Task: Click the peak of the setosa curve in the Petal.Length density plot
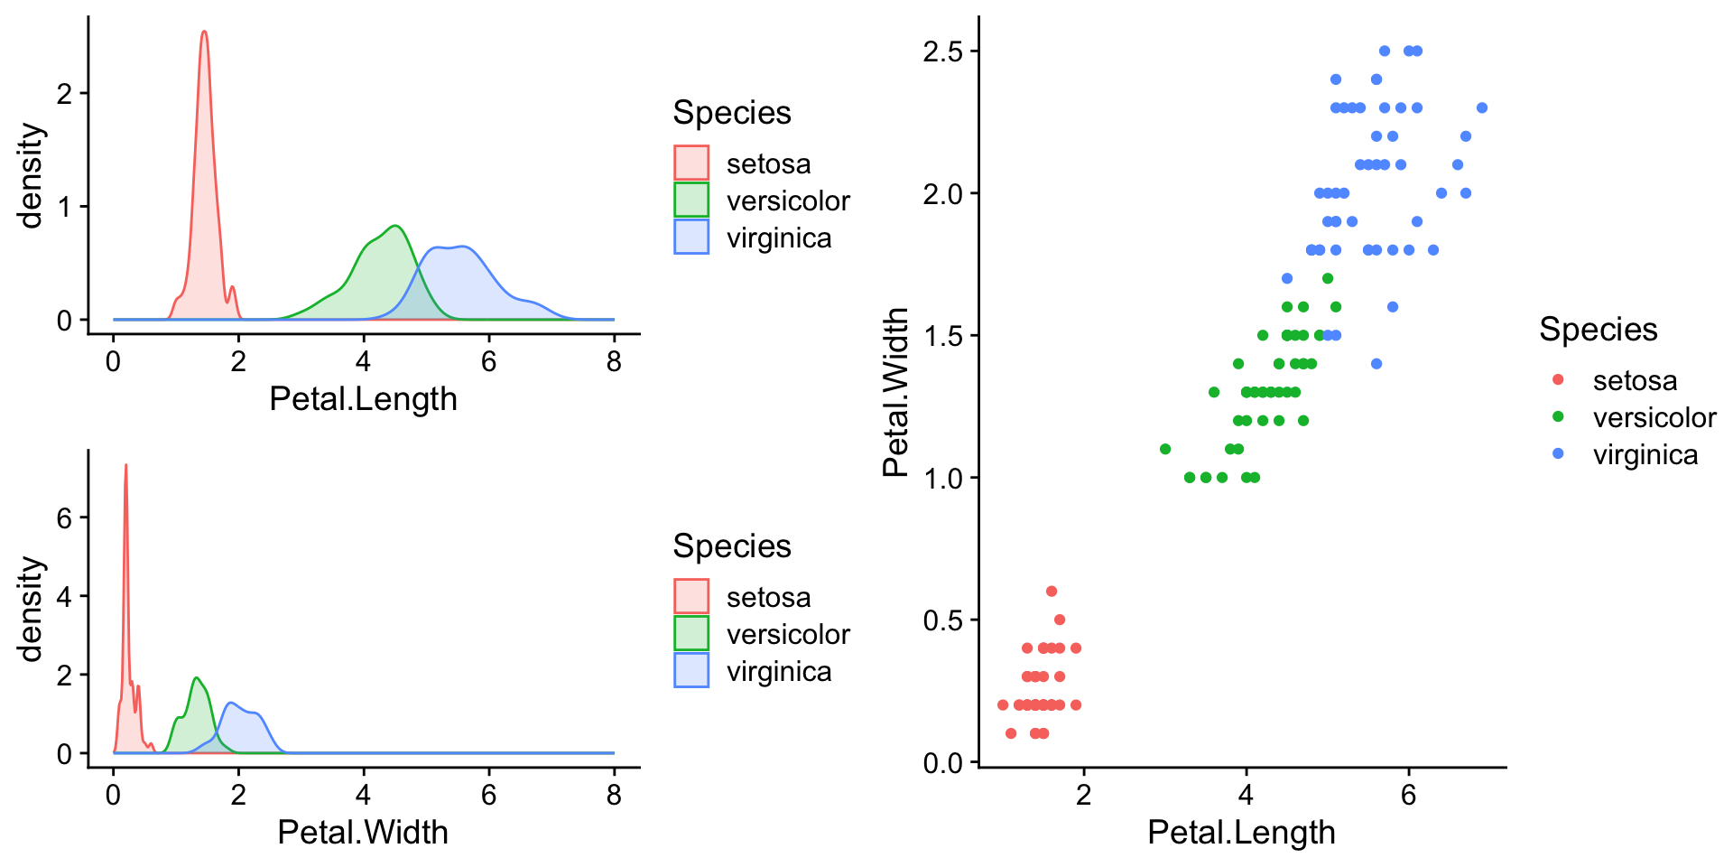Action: [204, 33]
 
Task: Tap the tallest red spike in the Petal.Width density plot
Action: [125, 466]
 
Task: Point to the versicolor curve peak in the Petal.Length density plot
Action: [395, 226]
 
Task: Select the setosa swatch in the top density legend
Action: [691, 163]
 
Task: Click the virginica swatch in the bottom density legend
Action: [691, 671]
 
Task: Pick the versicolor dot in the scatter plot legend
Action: [1558, 417]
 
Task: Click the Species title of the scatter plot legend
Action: [1598, 330]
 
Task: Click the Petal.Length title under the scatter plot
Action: [1241, 833]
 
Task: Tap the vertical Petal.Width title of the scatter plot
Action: [895, 392]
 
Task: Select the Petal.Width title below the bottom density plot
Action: [363, 833]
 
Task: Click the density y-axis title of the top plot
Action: [31, 176]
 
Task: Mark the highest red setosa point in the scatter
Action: [1052, 592]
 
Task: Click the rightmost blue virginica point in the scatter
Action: [1481, 108]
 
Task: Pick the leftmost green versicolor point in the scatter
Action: [1165, 449]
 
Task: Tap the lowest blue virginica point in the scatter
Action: [1376, 364]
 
